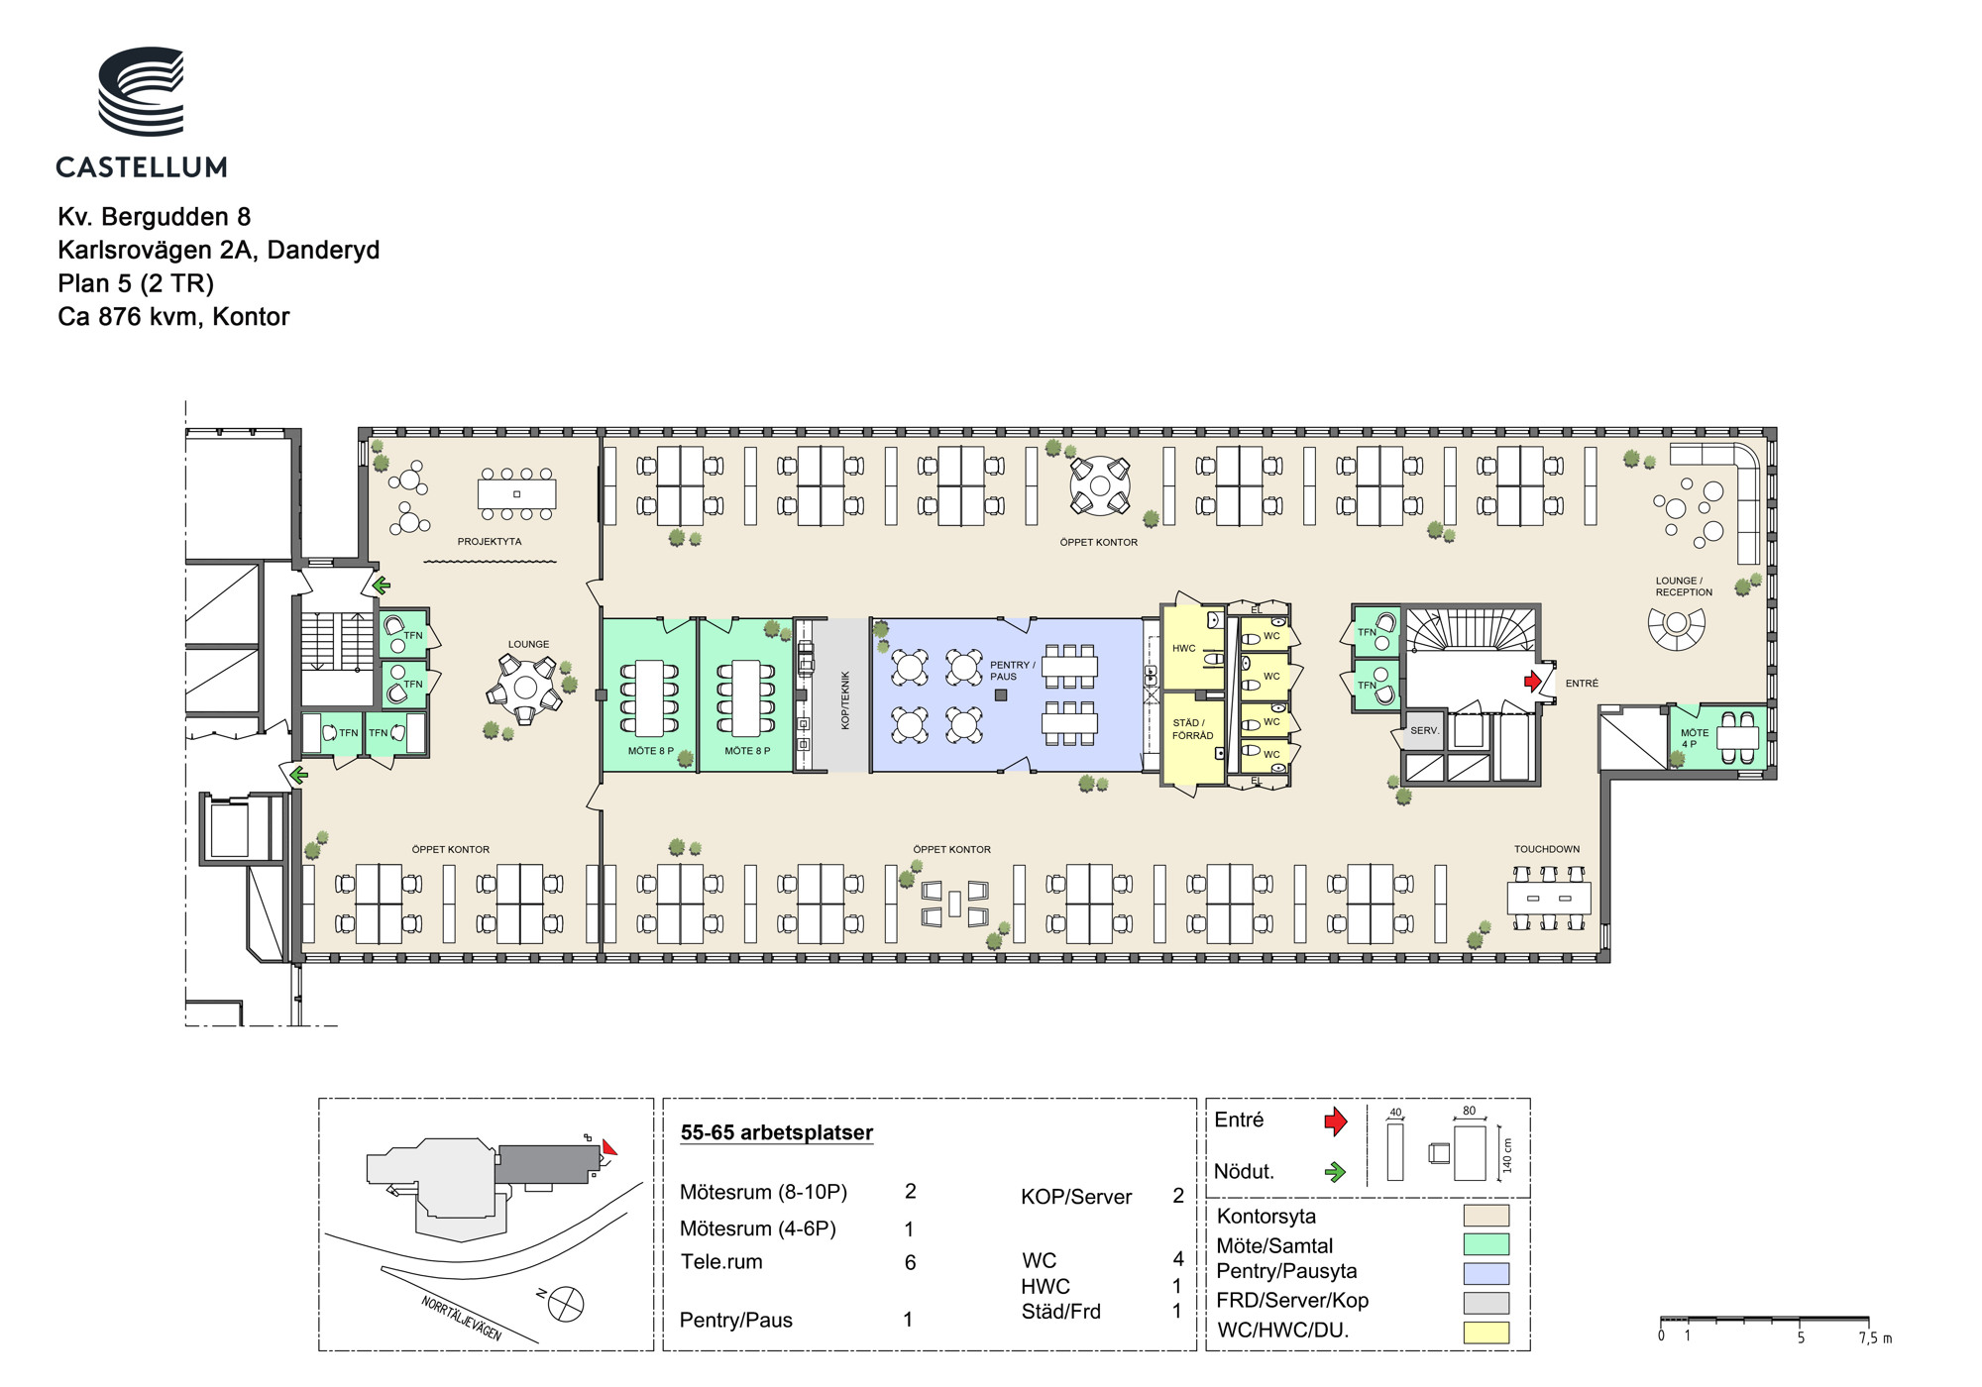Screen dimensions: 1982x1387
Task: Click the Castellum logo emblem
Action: click(141, 91)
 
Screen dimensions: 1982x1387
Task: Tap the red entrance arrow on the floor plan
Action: click(1533, 682)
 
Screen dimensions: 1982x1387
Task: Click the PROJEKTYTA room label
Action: click(490, 542)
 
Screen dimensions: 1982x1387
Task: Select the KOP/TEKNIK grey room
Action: click(841, 695)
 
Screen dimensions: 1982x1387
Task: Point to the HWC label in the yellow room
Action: click(1184, 649)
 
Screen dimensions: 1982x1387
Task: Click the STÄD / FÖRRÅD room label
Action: click(1192, 729)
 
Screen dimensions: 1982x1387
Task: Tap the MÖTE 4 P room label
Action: click(1695, 739)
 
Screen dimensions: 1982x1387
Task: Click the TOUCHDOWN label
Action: click(1547, 849)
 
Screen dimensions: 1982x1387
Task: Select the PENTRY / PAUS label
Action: click(1012, 671)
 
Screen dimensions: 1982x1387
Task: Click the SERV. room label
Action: click(1424, 730)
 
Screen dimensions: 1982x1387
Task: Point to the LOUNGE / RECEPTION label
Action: click(1684, 587)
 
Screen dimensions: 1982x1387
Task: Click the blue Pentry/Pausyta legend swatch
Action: click(1486, 1273)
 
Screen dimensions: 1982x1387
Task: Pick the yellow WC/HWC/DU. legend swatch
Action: click(1486, 1333)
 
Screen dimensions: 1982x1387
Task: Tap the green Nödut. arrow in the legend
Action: click(1336, 1172)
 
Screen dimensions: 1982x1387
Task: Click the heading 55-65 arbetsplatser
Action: click(777, 1132)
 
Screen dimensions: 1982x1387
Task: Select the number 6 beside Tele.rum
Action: click(910, 1263)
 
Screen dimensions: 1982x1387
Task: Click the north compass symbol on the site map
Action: click(566, 1303)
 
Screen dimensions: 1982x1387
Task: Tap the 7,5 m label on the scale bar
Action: click(1875, 1337)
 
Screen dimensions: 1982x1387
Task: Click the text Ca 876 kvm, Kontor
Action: click(173, 317)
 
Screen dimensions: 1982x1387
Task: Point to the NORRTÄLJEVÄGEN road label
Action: click(462, 1319)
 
